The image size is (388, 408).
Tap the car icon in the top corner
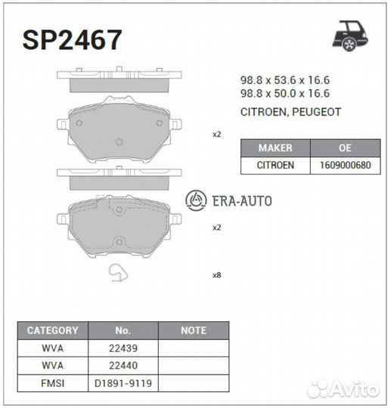click(x=349, y=36)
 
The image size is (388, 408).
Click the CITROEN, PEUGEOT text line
click(x=290, y=111)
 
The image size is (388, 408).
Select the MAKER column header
click(x=275, y=148)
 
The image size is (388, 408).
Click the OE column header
click(x=344, y=148)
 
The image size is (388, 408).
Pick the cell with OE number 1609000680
click(x=344, y=165)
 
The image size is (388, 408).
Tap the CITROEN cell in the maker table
click(x=275, y=165)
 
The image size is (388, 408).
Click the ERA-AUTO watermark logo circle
click(x=196, y=200)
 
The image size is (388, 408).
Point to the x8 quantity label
click(x=216, y=275)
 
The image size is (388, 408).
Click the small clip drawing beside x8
click(x=120, y=274)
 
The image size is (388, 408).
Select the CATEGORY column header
click(x=52, y=330)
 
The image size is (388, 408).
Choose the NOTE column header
click(x=194, y=330)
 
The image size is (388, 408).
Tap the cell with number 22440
click(x=123, y=365)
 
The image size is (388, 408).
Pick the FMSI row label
click(x=52, y=383)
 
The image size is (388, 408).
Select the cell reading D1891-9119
click(x=123, y=383)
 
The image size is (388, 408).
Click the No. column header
click(x=123, y=330)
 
